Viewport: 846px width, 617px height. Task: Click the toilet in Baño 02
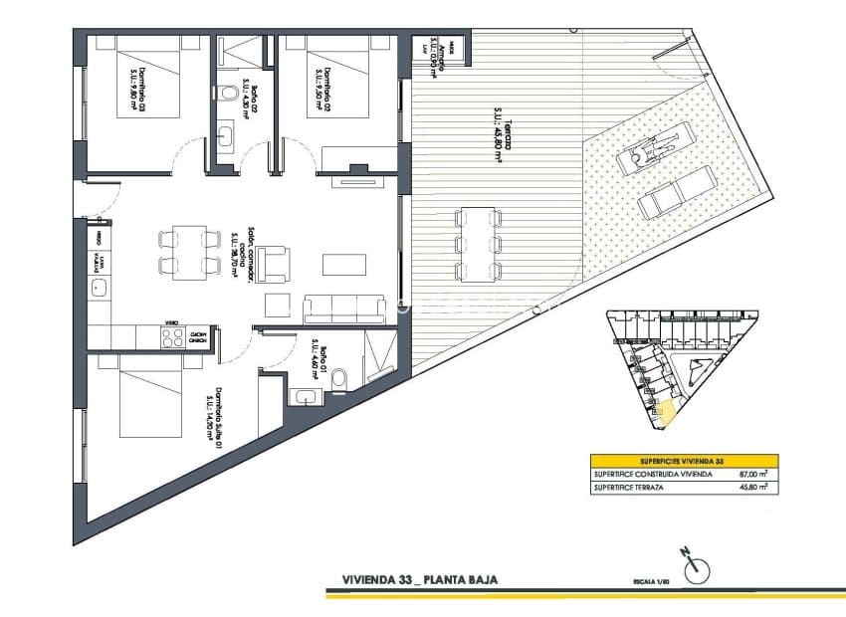(231, 96)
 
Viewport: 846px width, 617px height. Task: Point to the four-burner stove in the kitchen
(172, 336)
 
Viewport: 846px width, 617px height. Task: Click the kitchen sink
(101, 289)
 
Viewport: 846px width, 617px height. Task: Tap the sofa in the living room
(344, 309)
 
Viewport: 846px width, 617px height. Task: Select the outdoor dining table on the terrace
(478, 243)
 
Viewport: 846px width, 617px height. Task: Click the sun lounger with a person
(653, 148)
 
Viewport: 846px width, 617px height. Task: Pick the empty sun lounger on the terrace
(677, 195)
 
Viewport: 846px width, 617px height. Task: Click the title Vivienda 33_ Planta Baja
(419, 578)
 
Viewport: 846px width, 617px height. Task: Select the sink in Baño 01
(306, 398)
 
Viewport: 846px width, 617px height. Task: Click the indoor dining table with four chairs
(189, 252)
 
